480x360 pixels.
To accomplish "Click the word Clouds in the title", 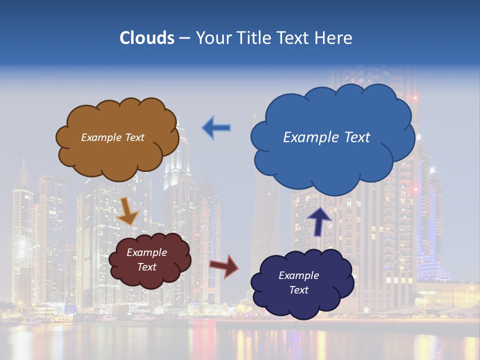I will click(147, 38).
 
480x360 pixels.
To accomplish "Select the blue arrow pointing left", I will click(216, 128).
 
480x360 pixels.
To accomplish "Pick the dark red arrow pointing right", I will click(224, 265).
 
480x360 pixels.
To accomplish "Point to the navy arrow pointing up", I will click(319, 221).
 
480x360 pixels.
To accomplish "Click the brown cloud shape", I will click(117, 155).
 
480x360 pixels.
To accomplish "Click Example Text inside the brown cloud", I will click(112, 137).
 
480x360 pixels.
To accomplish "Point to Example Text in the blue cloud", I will click(326, 137).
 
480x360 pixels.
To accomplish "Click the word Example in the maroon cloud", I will click(146, 252).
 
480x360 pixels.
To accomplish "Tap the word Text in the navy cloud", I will click(298, 290).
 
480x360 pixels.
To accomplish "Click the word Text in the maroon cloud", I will click(146, 267).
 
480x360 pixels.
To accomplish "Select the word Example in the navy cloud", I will click(298, 275).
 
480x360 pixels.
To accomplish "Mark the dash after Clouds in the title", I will click(184, 38).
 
